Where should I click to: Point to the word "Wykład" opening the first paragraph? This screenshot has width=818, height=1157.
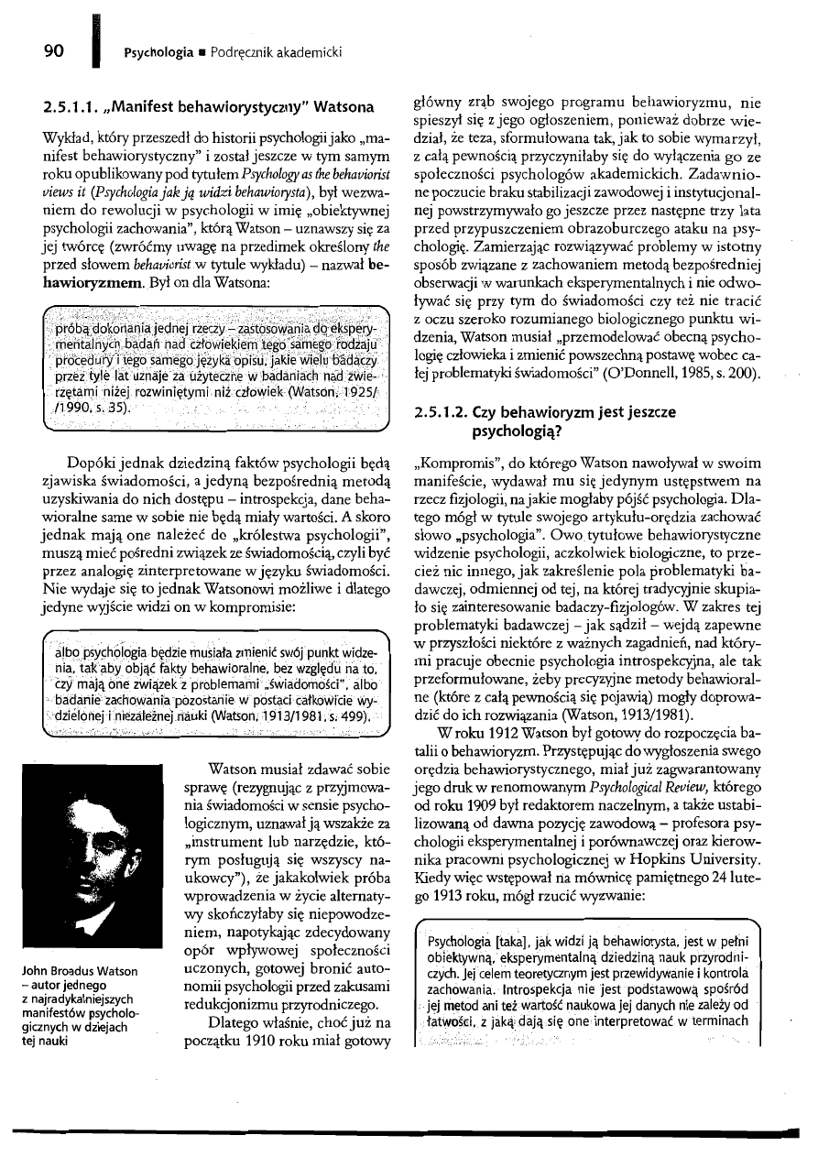coord(59,136)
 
